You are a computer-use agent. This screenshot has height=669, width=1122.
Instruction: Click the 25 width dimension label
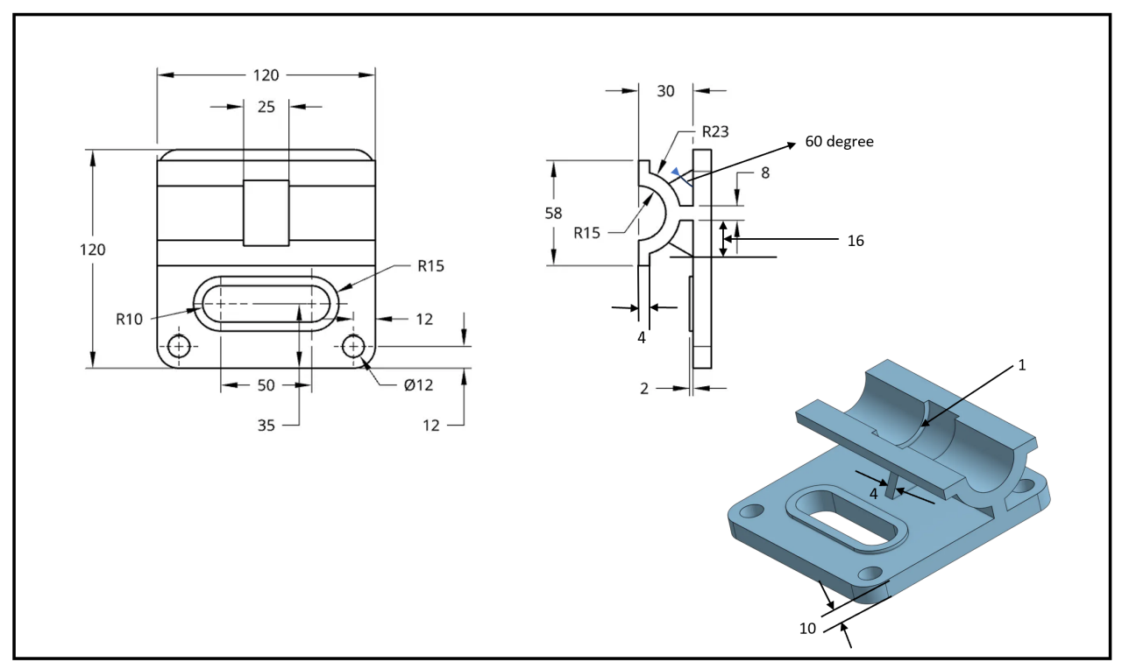266,107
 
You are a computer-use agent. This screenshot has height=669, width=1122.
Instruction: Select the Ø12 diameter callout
418,384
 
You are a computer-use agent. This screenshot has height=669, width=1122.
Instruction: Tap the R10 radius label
129,319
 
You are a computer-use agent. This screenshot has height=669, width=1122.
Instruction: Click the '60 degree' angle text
839,141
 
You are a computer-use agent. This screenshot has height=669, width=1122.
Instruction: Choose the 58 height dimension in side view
553,213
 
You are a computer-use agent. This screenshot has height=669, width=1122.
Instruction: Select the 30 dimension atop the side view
666,90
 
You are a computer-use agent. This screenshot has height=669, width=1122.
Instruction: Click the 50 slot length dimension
266,385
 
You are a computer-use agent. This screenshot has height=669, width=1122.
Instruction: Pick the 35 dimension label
266,426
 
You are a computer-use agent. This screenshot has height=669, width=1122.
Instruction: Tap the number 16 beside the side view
856,240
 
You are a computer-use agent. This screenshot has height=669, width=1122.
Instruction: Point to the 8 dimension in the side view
764,173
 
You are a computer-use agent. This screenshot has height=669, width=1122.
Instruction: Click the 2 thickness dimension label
644,389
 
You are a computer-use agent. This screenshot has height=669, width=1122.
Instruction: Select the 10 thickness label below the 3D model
807,627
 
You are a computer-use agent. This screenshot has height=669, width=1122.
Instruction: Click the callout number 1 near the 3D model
1021,365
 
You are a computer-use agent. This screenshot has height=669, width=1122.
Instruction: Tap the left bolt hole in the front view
180,347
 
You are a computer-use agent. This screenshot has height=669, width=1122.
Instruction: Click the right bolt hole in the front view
353,347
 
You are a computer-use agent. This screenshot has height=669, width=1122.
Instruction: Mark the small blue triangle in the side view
675,173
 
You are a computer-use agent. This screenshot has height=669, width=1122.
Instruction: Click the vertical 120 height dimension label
93,250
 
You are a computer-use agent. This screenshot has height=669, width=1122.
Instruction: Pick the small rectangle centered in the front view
266,213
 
